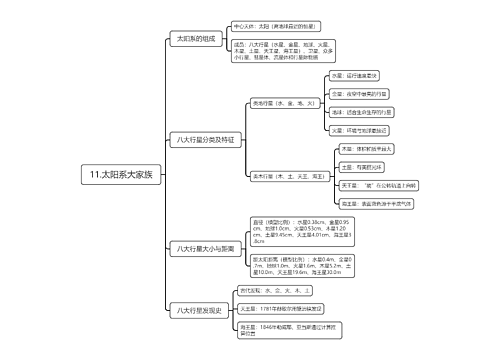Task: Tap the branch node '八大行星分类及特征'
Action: [204, 139]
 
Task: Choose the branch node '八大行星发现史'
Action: [198, 309]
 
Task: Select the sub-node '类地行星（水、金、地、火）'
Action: [284, 103]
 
